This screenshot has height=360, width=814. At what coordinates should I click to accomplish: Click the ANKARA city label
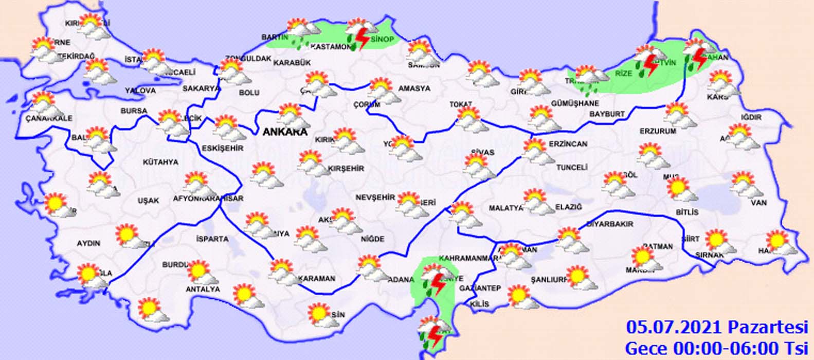[x=285, y=132]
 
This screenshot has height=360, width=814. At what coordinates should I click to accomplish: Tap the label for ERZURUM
[x=658, y=131]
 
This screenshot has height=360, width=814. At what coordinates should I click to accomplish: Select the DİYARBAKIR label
[x=609, y=224]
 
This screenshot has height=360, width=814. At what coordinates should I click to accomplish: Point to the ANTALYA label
[x=203, y=289]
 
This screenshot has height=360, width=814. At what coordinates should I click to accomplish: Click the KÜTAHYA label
[x=160, y=162]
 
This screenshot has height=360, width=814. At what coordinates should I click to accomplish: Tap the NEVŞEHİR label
[x=375, y=197]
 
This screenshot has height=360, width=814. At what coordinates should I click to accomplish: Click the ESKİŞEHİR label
[x=222, y=148]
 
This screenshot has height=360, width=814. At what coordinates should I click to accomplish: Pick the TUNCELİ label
[x=571, y=168]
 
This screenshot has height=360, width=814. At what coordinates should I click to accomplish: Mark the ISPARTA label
[x=212, y=239]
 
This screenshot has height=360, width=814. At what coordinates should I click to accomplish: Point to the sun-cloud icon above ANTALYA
[x=201, y=273]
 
